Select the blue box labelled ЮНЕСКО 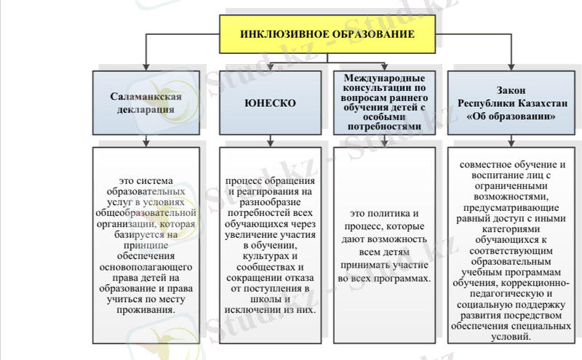click(x=270, y=103)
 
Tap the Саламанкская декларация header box click(x=145, y=103)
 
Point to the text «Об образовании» click(x=509, y=115)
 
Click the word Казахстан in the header click(x=538, y=103)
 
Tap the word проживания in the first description click(x=145, y=309)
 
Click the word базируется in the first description click(x=131, y=236)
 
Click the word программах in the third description click(x=402, y=279)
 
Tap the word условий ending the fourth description click(x=510, y=338)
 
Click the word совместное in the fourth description click(x=487, y=164)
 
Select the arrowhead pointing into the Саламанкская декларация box click(x=145, y=66)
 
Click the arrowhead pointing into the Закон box click(x=509, y=66)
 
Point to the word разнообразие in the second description click(x=270, y=202)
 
